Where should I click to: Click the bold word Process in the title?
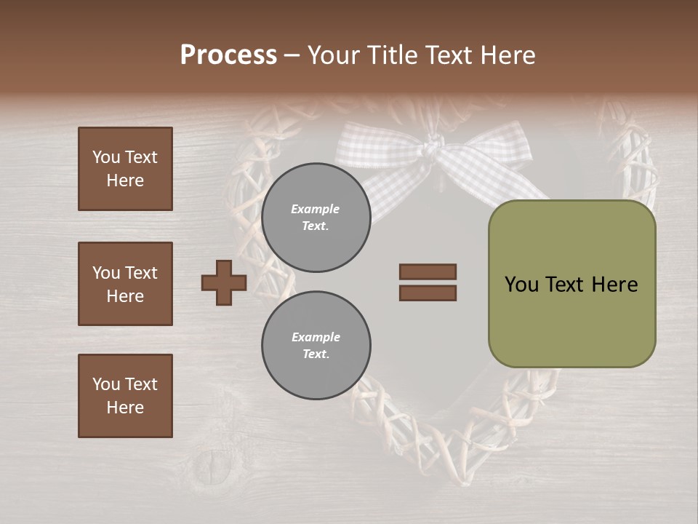pos(228,55)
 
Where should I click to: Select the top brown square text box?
pos(125,169)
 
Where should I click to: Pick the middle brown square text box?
pos(125,284)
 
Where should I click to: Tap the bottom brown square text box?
pos(125,396)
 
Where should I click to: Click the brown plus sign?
pos(223,282)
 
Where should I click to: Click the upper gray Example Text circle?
pos(316,218)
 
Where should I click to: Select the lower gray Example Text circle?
pos(316,346)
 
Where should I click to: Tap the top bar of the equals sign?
pos(428,272)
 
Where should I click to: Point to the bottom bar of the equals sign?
pos(428,293)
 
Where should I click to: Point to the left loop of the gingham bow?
pos(371,146)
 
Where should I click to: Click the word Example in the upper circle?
pos(315,209)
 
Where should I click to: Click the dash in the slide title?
pos(292,56)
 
